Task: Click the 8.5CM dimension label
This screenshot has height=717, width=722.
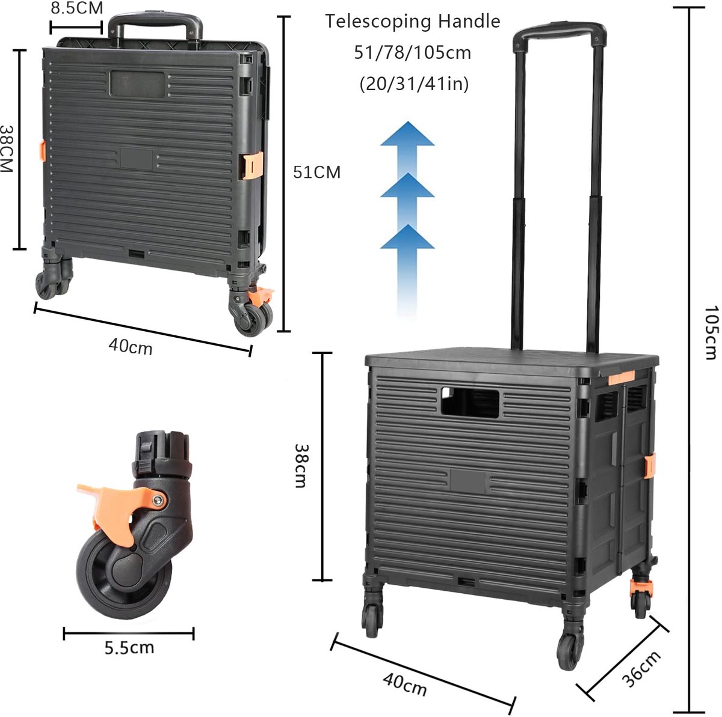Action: click(x=77, y=8)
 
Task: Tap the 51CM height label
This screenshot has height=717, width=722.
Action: click(x=317, y=172)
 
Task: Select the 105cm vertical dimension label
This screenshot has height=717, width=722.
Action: click(x=712, y=333)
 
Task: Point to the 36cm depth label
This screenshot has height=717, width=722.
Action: click(x=641, y=669)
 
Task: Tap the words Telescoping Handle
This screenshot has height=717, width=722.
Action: click(x=413, y=21)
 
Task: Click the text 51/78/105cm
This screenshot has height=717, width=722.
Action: click(x=413, y=52)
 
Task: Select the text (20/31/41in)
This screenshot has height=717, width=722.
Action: click(x=414, y=84)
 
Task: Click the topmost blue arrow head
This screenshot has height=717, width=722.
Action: click(x=408, y=133)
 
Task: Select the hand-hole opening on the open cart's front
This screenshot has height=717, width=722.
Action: click(x=470, y=402)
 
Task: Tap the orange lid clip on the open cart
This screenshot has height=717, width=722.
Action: click(x=621, y=378)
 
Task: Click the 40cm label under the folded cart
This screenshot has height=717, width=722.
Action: click(x=131, y=346)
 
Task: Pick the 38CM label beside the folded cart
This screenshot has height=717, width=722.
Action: click(x=7, y=148)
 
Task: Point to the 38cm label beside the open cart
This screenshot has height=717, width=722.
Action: click(x=301, y=466)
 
